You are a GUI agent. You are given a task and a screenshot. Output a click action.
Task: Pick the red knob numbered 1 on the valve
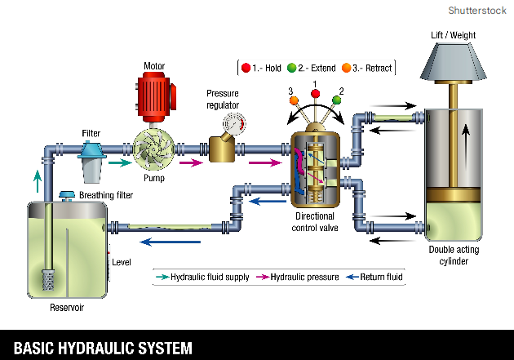point(314,94)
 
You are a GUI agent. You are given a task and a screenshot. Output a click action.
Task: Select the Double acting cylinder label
point(460,255)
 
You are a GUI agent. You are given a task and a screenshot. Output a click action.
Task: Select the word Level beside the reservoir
point(122,262)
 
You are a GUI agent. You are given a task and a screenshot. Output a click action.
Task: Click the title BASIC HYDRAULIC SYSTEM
point(103,347)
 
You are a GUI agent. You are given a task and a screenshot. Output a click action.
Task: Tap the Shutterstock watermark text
point(476,10)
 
